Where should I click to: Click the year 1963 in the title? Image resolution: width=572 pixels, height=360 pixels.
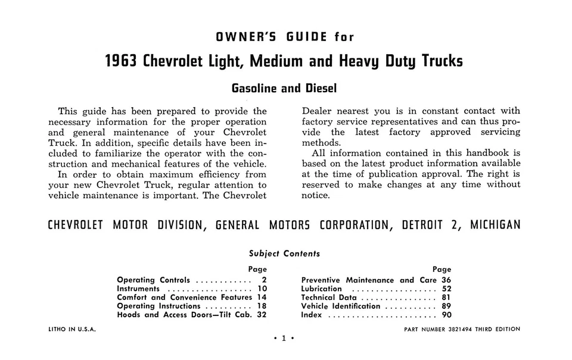tap(122, 62)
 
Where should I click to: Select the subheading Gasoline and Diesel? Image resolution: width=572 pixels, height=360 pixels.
tap(284, 89)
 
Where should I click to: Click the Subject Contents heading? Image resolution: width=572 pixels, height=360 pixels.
tap(284, 253)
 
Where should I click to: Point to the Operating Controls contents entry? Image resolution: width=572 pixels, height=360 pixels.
tap(154, 280)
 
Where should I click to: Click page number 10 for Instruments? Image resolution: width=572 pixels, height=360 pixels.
tap(262, 289)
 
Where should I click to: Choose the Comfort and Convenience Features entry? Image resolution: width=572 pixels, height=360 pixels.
tap(185, 297)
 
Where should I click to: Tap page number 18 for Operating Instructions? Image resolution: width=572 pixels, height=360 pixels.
tap(262, 306)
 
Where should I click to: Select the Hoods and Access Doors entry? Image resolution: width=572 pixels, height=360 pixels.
tap(184, 315)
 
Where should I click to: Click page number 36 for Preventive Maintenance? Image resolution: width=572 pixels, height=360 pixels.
tap(446, 280)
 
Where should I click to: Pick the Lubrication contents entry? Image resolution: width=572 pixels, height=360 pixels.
tap(322, 289)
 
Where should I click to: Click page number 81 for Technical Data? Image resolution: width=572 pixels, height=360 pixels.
tap(446, 298)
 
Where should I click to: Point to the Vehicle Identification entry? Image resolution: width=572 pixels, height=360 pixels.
tap(341, 306)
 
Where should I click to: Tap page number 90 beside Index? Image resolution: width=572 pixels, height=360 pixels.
tap(446, 315)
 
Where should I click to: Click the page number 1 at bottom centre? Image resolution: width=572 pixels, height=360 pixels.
tap(284, 339)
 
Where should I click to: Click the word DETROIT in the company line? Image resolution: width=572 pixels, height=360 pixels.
tap(422, 226)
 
